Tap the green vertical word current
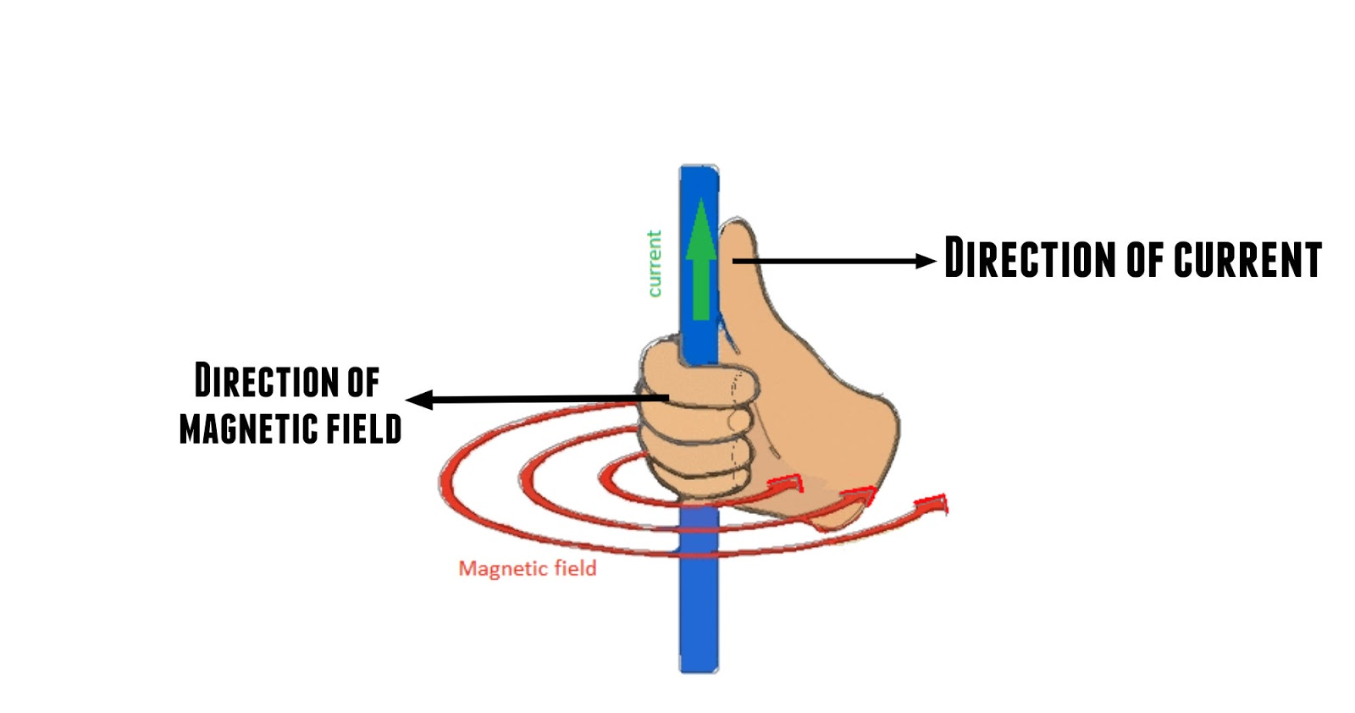[x=654, y=263]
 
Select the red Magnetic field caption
[x=527, y=568]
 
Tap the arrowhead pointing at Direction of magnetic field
[x=420, y=400]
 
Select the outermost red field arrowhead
[x=932, y=506]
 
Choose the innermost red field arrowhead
[x=786, y=484]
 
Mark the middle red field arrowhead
[x=860, y=495]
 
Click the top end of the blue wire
[x=699, y=170]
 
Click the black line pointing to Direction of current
[x=830, y=262]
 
